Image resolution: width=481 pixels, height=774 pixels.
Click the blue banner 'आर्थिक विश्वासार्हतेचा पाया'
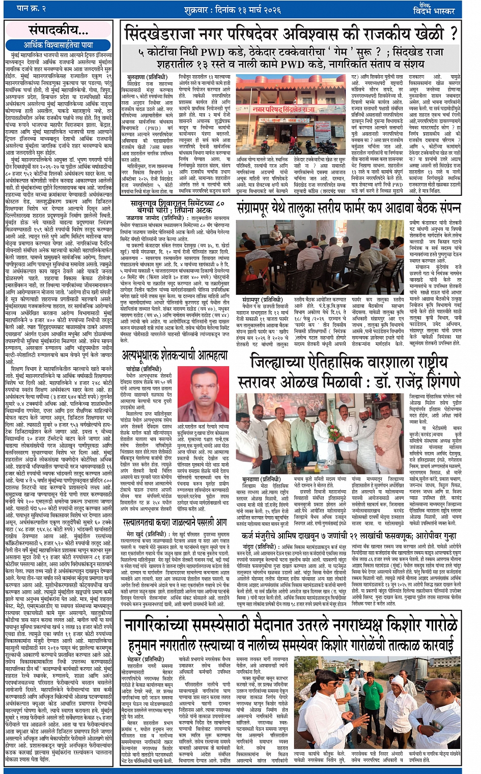click(x=59, y=45)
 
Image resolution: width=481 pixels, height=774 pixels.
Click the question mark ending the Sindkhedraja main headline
click(x=452, y=33)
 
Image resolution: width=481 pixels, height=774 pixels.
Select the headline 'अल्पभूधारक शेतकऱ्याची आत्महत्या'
click(x=175, y=355)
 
